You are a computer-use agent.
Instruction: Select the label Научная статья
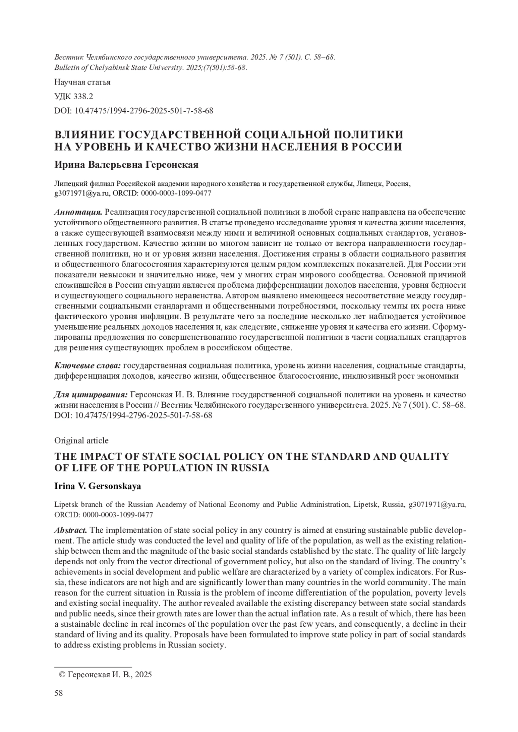pyautogui.click(x=82, y=82)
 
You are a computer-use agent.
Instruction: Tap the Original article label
pyautogui.click(x=81, y=440)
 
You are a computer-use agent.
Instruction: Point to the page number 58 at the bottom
pyautogui.click(x=59, y=693)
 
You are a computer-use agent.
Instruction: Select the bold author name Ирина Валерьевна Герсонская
pyautogui.click(x=126, y=165)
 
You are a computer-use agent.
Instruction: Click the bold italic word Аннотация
pyautogui.click(x=78, y=212)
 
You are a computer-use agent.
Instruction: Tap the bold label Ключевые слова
pyautogui.click(x=87, y=366)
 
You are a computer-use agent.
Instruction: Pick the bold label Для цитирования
pyautogui.click(x=91, y=395)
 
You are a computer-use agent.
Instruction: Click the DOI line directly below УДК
pyautogui.click(x=133, y=111)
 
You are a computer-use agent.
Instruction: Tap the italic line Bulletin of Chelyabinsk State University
pyautogui.click(x=150, y=68)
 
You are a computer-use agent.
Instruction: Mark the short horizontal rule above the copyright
pyautogui.click(x=92, y=666)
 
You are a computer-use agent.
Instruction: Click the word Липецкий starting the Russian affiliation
pyautogui.click(x=68, y=184)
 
